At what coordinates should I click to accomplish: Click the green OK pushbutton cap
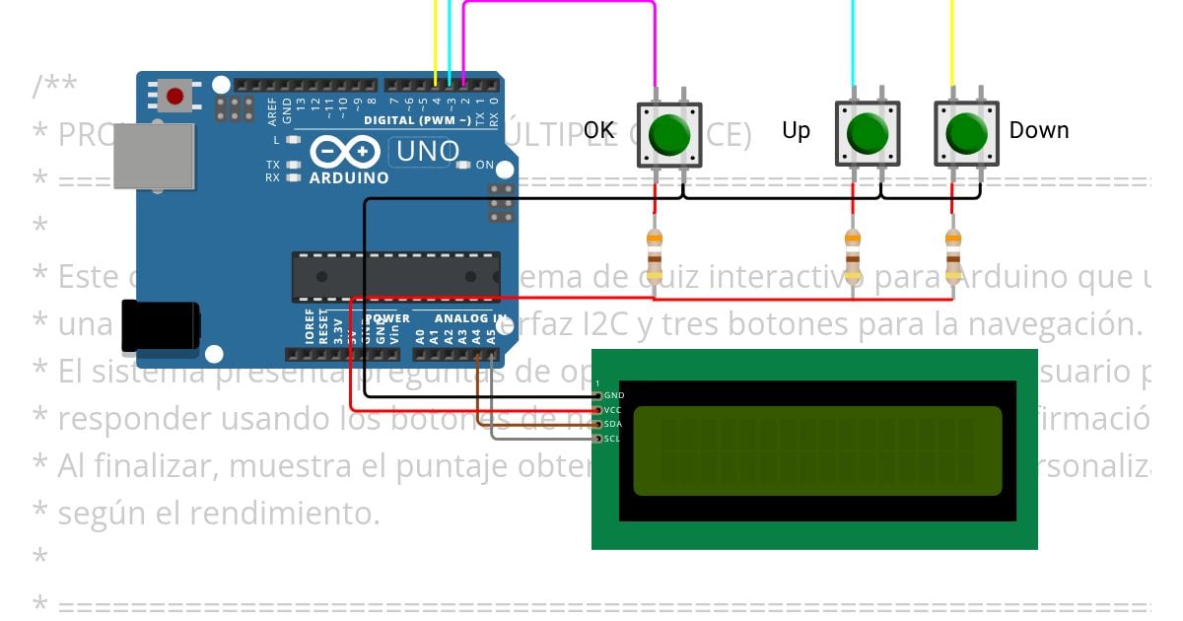(x=670, y=133)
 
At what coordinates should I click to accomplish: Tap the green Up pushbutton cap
(x=868, y=133)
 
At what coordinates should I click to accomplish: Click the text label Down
(x=1038, y=130)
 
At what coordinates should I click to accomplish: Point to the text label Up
(x=796, y=130)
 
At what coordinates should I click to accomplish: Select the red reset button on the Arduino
(x=174, y=96)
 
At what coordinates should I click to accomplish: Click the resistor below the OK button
(x=654, y=254)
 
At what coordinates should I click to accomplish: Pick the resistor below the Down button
(x=952, y=254)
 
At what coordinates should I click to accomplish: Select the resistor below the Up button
(x=853, y=254)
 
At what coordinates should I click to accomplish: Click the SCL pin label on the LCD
(x=612, y=439)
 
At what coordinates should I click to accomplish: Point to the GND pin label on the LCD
(x=613, y=395)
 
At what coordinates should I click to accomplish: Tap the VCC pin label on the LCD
(x=613, y=409)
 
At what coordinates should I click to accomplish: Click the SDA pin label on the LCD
(x=612, y=424)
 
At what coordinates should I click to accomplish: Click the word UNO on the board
(x=427, y=152)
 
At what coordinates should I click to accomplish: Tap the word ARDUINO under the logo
(x=349, y=178)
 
